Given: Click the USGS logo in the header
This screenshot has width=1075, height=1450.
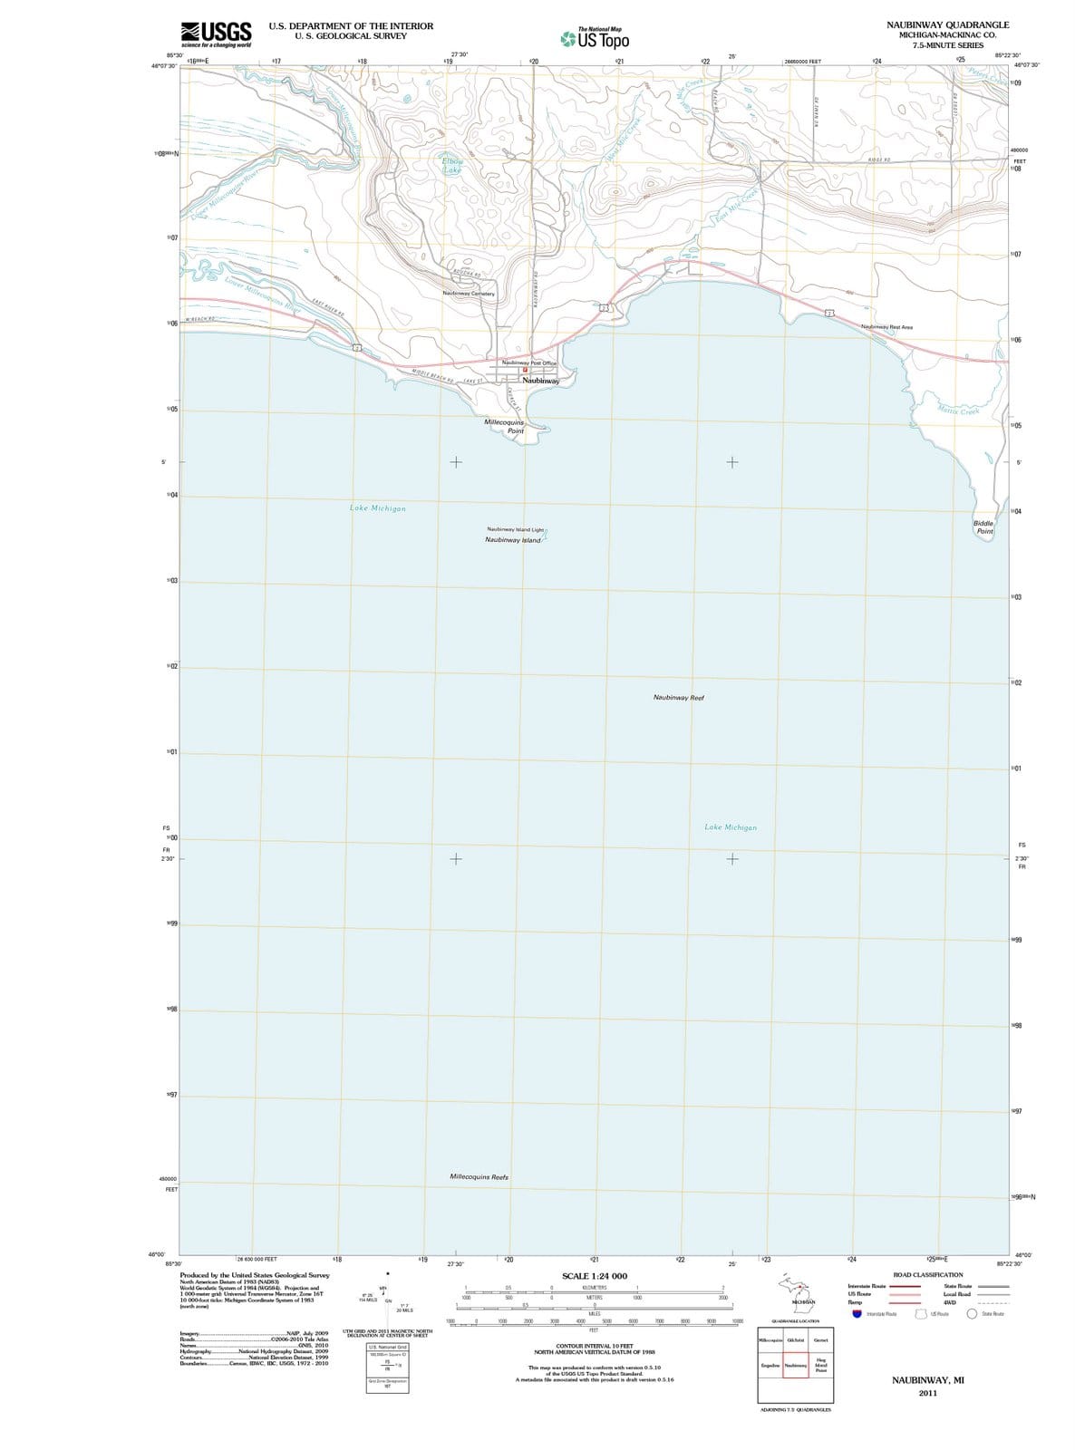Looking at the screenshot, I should point(216,34).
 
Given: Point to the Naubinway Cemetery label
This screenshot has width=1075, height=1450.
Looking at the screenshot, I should point(469,294).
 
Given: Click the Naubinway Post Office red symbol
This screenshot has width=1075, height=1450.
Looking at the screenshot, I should point(524,370).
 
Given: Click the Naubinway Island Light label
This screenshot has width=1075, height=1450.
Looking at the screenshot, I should point(515,529).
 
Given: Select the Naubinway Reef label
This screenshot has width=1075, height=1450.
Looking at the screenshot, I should point(678,698).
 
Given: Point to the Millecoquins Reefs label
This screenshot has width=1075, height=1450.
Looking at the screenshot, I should point(479,1177).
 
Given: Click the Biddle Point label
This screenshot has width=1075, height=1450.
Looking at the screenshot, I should point(984,527).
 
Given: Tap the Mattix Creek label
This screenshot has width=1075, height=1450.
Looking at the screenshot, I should point(958,411).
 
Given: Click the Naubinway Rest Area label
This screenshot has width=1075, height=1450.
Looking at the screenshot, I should point(886,327).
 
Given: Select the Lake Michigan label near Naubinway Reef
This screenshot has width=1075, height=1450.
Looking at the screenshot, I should point(730,827).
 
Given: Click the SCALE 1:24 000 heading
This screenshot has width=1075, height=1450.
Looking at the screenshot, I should point(594,1276).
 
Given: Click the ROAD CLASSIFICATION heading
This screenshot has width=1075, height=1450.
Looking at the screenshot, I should point(927,1274).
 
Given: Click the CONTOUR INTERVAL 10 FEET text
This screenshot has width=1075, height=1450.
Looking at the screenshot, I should point(594,1346).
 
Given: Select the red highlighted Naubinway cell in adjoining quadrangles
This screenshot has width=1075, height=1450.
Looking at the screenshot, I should point(795,1365).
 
